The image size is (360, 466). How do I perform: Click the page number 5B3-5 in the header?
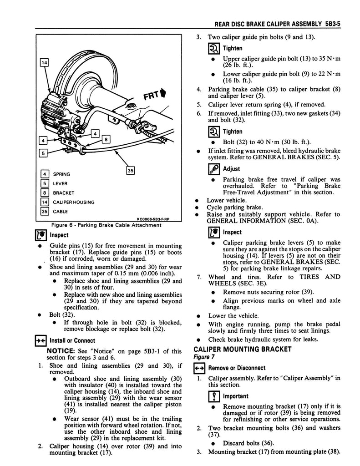[x=332, y=24]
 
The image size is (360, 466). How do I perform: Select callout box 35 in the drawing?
[x=130, y=170]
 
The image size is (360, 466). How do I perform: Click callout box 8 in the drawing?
[x=106, y=139]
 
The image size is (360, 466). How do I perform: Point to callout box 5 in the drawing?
[x=43, y=153]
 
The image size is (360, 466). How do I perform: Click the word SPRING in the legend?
[x=61, y=174]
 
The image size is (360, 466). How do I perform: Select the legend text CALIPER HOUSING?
[x=74, y=202]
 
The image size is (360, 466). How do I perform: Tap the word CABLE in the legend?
[x=61, y=212]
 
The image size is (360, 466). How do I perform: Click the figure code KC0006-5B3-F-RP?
[x=153, y=219]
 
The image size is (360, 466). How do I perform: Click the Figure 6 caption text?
[x=106, y=225]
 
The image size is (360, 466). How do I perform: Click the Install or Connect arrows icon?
[x=41, y=340]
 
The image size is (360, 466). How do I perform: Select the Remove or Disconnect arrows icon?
[x=199, y=368]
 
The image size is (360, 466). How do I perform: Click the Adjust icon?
[x=214, y=169]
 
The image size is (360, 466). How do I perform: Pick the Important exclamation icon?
[x=214, y=396]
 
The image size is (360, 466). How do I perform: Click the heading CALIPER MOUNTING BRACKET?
[x=243, y=349]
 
